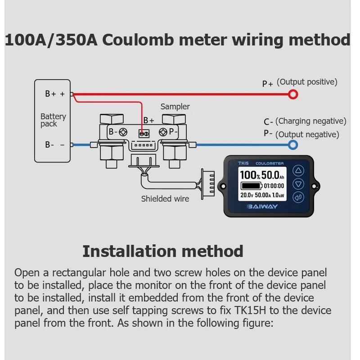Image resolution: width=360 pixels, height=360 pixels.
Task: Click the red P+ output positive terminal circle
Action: [x=293, y=94]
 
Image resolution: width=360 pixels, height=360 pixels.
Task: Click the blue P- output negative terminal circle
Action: [x=293, y=144]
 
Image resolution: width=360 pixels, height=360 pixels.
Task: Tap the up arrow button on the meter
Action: [x=298, y=171]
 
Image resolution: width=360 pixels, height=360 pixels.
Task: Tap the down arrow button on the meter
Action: [x=298, y=184]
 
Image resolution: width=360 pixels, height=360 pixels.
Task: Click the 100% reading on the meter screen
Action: [x=250, y=175]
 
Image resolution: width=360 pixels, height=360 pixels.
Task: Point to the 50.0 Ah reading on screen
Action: [x=273, y=175]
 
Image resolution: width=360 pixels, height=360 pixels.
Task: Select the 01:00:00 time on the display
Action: [x=274, y=185]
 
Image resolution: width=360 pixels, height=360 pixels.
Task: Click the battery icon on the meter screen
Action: [x=250, y=185]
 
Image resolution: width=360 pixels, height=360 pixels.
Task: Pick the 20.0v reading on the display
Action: [x=246, y=195]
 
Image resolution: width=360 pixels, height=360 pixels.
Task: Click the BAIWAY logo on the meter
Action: [x=263, y=207]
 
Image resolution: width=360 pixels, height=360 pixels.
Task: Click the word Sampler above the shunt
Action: [x=175, y=107]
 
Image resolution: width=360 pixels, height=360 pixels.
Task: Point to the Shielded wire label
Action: [x=165, y=198]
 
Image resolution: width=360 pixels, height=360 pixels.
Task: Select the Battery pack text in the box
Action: [x=53, y=120]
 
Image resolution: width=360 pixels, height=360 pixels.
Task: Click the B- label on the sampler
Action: [x=113, y=132]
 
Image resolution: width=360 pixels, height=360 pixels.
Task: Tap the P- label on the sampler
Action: [x=173, y=132]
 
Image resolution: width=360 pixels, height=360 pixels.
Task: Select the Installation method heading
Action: [x=163, y=251]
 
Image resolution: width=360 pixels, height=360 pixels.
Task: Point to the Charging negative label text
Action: [x=310, y=121]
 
